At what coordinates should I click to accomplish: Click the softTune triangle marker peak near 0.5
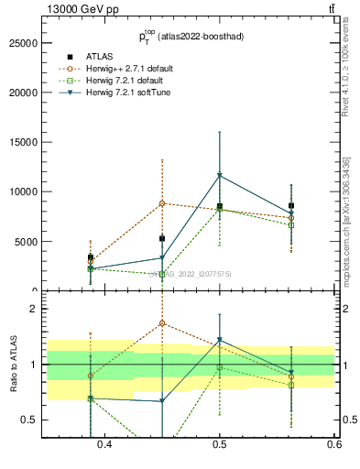[x=220, y=175]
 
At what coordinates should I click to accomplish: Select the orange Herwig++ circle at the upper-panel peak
[x=162, y=203]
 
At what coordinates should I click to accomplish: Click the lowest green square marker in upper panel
[x=162, y=274]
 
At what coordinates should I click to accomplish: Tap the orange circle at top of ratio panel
[x=162, y=323]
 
